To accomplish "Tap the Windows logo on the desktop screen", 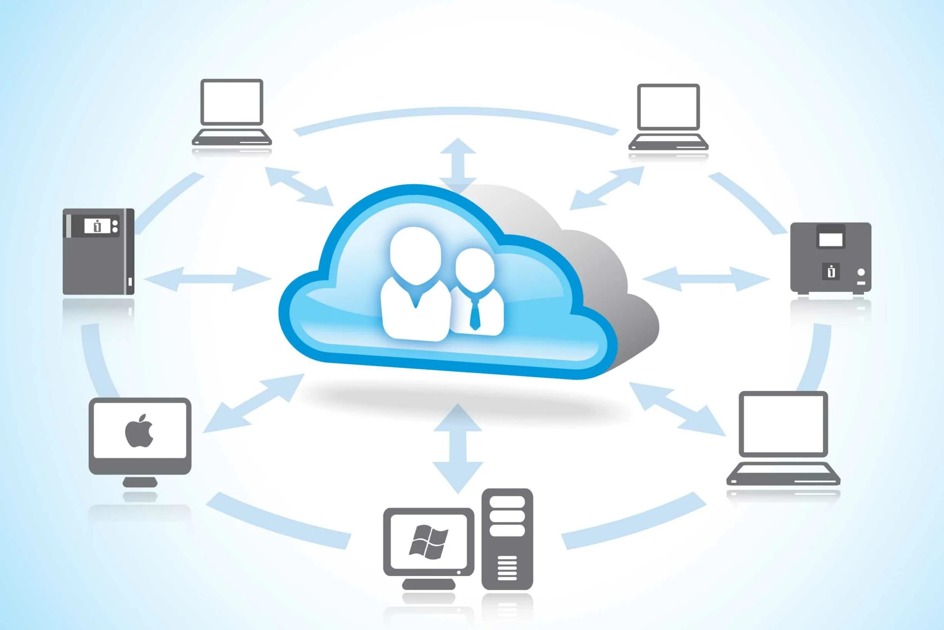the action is pyautogui.click(x=428, y=542).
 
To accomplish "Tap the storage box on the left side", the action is pyautogui.click(x=98, y=251).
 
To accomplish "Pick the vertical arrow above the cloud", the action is pyautogui.click(x=458, y=165).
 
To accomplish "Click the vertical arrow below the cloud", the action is pyautogui.click(x=458, y=448).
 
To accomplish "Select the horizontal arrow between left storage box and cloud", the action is pyautogui.click(x=207, y=279).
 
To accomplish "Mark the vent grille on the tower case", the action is pyautogui.click(x=507, y=568).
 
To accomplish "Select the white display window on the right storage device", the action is pyautogui.click(x=830, y=240).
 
